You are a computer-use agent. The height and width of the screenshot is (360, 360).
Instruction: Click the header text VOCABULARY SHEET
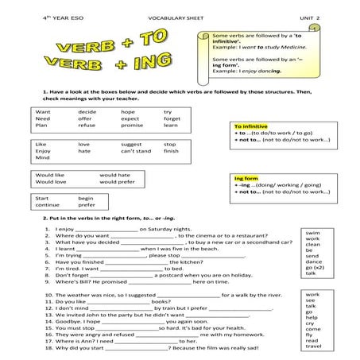(x=173, y=17)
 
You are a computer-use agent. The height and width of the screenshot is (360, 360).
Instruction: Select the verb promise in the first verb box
(x=132, y=126)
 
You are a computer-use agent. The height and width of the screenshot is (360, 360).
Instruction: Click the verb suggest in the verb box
(x=132, y=144)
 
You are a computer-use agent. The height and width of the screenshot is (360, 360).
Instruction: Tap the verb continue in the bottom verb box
(x=47, y=205)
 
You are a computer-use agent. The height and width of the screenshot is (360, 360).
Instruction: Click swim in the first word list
(x=312, y=233)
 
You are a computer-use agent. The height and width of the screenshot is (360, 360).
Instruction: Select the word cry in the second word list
(x=311, y=325)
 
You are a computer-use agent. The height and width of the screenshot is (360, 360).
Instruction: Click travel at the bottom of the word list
(x=313, y=346)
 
